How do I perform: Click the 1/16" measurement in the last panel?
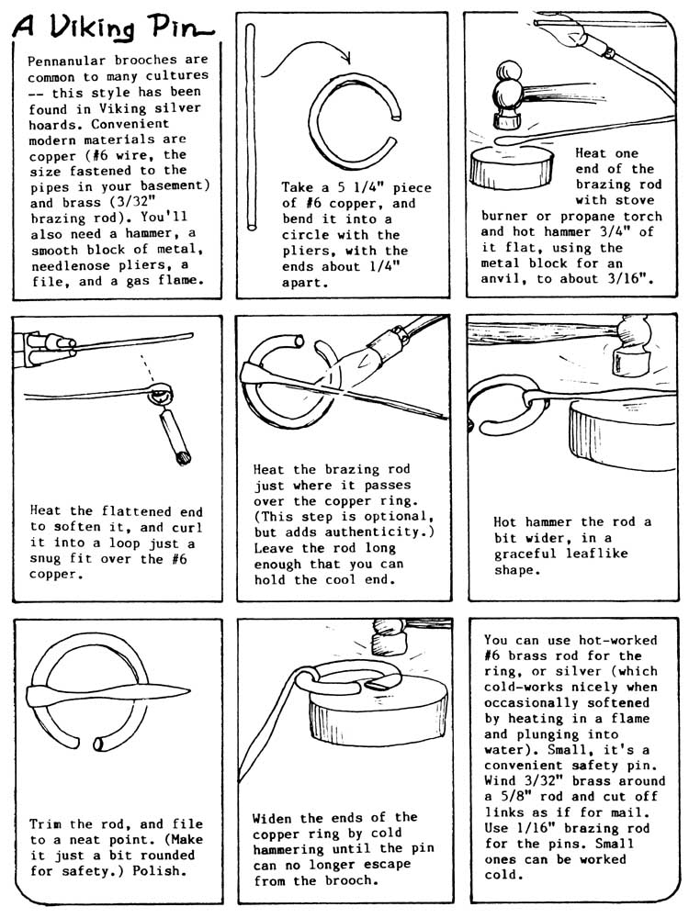pyautogui.click(x=537, y=828)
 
